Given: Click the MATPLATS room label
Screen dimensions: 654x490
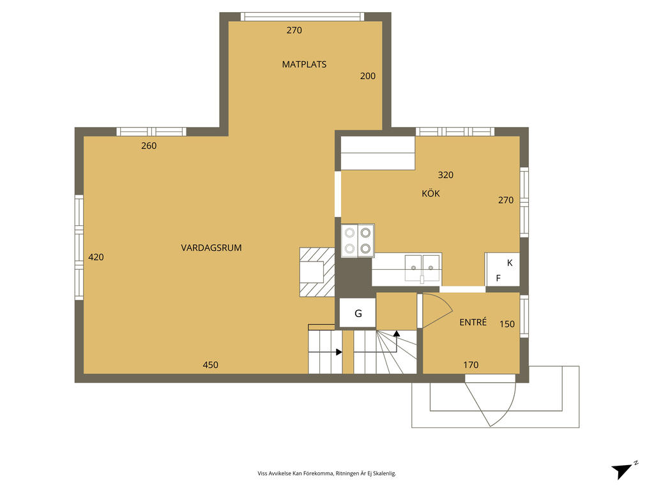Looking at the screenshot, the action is click(x=304, y=64).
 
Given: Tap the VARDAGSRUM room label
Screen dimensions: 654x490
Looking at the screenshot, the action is click(x=211, y=248).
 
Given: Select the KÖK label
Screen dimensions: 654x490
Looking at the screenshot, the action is click(x=431, y=193).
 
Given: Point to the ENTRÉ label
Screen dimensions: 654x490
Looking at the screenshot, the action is click(x=473, y=322).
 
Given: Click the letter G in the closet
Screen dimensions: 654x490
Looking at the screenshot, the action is click(x=358, y=314).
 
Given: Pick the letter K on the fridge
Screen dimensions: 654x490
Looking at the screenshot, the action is click(x=510, y=263).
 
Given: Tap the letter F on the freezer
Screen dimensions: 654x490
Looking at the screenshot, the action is click(x=498, y=278).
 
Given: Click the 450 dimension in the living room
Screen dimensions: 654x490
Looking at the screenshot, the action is click(x=211, y=365).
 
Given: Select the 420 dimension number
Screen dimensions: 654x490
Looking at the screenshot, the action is click(x=96, y=258).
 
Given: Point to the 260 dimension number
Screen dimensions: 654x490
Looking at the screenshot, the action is click(x=149, y=146).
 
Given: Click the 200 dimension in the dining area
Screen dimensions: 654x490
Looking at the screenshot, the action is click(x=368, y=77).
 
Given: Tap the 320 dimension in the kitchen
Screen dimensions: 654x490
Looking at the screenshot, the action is click(x=445, y=175).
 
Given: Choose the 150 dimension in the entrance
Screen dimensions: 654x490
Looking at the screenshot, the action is click(x=507, y=324).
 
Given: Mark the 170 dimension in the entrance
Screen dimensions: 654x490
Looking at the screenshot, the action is click(x=471, y=365).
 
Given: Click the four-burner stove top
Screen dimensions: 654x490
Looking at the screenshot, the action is click(x=358, y=241).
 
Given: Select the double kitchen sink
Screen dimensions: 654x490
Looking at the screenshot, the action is click(x=423, y=269).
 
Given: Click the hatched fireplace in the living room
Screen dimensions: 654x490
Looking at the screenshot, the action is click(x=317, y=272).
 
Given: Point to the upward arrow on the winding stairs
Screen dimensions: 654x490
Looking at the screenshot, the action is click(x=397, y=334).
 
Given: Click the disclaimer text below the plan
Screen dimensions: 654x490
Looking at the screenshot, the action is click(x=326, y=473).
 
